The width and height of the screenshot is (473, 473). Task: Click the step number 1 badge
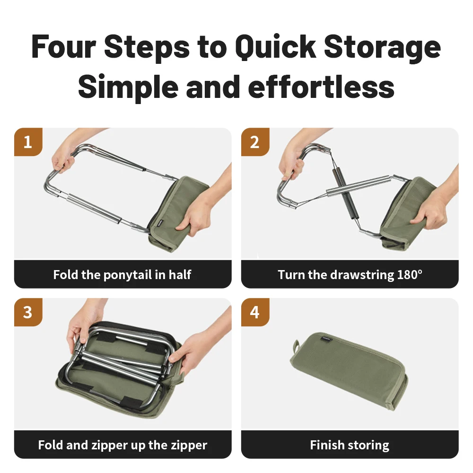coord(28,142)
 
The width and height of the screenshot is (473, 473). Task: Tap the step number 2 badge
coord(255,142)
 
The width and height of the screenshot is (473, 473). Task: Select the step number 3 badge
coord(28,312)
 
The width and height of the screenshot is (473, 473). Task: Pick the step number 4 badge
coord(255,312)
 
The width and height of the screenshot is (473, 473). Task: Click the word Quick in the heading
coord(276,47)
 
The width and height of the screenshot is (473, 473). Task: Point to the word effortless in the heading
coord(321,87)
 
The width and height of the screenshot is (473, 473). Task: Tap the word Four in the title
coord(64,47)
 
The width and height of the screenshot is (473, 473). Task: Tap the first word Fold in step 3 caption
coord(51,445)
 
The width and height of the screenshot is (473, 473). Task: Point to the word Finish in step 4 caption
coord(327,445)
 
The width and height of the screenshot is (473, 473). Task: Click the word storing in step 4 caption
coord(368,446)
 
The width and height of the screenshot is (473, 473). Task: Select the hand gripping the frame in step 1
coord(64,158)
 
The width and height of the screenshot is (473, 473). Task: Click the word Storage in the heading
coord(382,47)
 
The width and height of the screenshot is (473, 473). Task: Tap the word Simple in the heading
coord(128,87)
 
